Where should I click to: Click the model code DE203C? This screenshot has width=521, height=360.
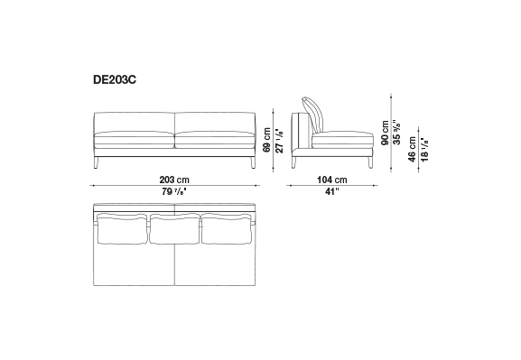115,80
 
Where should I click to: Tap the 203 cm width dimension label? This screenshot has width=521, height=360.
174,180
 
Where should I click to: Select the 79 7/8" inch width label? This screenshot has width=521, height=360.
174,191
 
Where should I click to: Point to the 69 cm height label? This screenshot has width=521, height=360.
266,140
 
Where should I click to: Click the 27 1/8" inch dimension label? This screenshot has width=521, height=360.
280,140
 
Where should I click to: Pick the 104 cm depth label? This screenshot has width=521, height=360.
332,180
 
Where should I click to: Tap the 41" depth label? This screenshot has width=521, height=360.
332,191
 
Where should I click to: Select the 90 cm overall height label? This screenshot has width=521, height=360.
385,133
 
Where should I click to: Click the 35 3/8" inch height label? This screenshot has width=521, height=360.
396,132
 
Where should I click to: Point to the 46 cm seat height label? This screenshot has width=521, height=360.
413,150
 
